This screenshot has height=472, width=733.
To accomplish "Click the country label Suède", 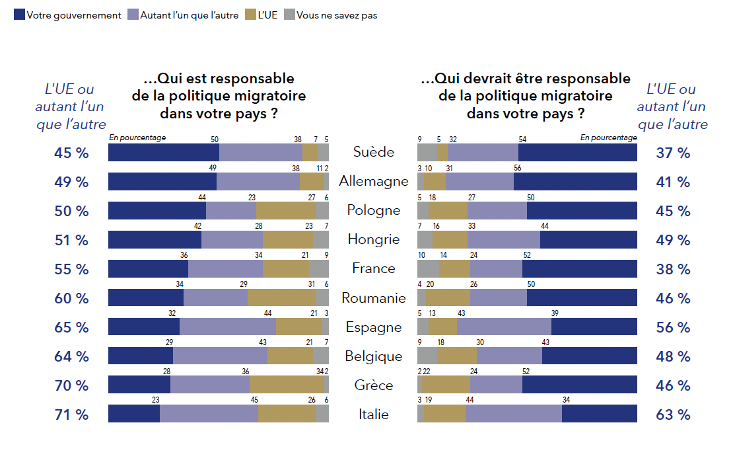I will click(x=373, y=152).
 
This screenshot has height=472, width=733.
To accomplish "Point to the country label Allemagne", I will click(x=373, y=181).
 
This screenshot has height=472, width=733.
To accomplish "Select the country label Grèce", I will click(x=373, y=385).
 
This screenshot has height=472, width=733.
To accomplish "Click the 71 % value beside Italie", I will click(x=71, y=414).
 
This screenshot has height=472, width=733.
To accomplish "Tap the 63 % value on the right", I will click(x=673, y=414).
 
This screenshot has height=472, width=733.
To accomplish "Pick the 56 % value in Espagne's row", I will click(x=673, y=327).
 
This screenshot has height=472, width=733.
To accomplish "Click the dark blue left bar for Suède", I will click(x=163, y=152).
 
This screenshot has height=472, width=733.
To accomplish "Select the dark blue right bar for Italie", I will click(x=599, y=414).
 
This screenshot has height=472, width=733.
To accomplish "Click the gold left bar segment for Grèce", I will click(x=287, y=385).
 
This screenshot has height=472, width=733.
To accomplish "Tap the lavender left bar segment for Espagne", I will click(x=227, y=327).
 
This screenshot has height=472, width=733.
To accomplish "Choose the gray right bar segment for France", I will click(x=428, y=268).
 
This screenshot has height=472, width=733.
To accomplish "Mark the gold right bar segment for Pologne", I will click(x=448, y=210).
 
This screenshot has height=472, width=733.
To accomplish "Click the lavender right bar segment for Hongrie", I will click(x=503, y=239).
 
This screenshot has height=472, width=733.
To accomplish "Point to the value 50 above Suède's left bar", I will click(x=215, y=139).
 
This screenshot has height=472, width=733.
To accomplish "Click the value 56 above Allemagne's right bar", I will click(x=518, y=169).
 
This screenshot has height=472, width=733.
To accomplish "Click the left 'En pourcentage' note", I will click(x=137, y=138).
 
